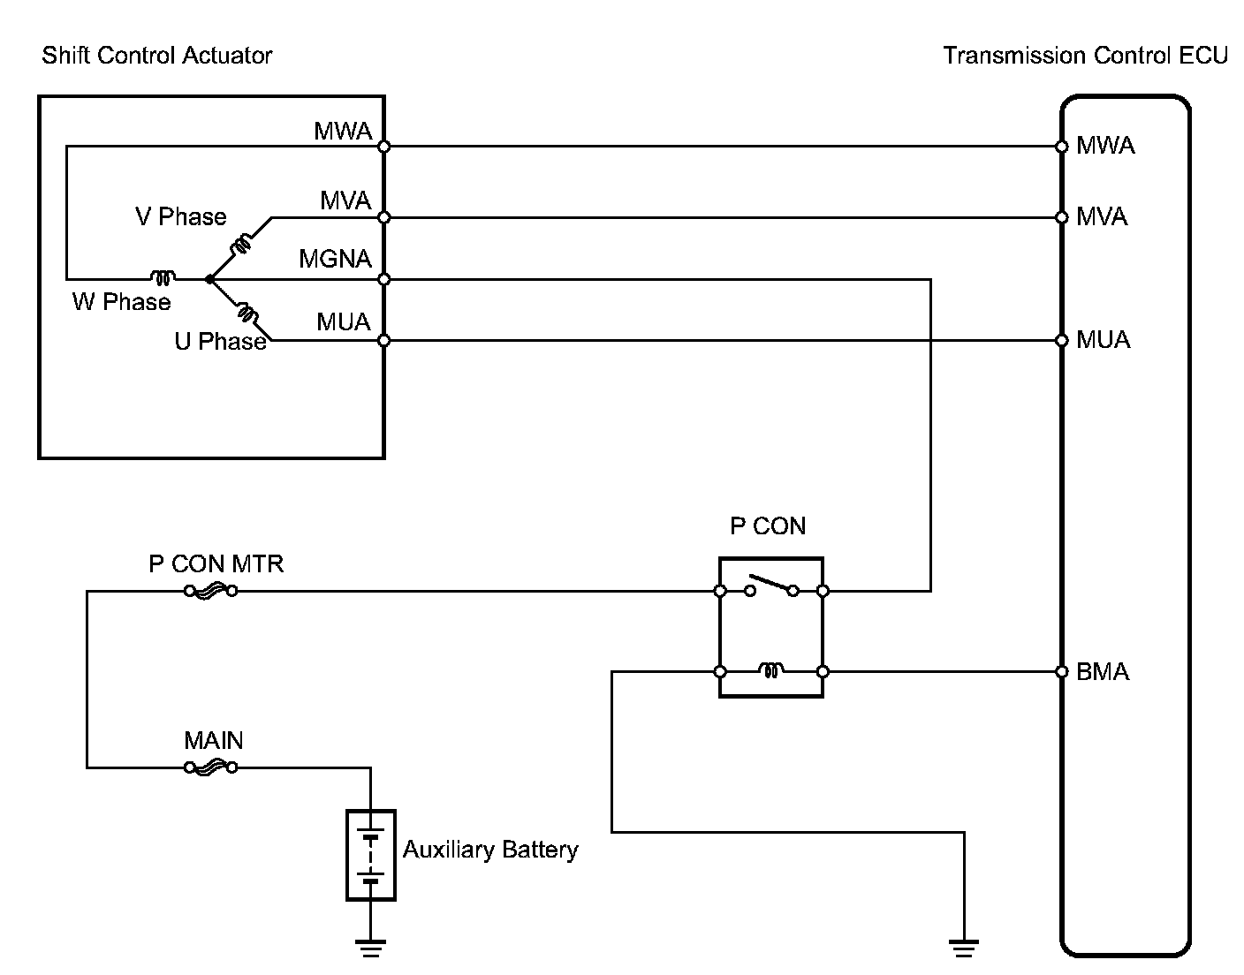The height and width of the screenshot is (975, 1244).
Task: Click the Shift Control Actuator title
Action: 157,56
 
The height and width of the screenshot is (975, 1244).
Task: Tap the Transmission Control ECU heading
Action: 1086,56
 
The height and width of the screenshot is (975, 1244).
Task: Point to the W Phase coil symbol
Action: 163,277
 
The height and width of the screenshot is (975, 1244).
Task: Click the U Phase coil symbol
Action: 247,314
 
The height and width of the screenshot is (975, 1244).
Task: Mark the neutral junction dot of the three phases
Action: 209,279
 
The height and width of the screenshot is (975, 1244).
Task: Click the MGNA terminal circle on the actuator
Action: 384,279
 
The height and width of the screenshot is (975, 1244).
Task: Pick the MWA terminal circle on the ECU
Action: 1061,147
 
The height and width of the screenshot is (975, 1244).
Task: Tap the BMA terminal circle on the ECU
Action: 1061,671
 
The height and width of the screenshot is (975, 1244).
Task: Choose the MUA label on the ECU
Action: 1104,340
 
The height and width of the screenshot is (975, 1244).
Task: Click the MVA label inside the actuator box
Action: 345,200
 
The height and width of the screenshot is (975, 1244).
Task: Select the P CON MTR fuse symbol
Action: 210,591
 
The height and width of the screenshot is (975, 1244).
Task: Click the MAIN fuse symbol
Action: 210,767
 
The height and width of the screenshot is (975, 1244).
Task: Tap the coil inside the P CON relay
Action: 771,669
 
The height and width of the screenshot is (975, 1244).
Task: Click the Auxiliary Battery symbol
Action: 370,855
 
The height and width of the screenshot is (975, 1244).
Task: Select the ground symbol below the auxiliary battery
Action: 370,949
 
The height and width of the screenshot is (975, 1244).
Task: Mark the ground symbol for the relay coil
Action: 964,949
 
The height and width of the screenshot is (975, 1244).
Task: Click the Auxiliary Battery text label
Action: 490,850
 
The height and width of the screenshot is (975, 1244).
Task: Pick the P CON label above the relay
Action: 768,525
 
